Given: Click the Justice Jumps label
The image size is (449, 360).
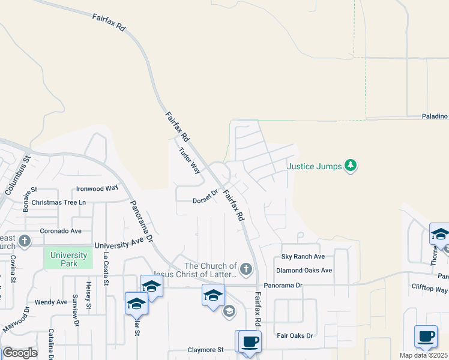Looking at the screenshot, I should [x=314, y=166].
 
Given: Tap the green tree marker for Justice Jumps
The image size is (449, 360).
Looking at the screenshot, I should [x=351, y=165].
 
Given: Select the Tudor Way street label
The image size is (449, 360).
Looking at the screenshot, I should [x=189, y=160].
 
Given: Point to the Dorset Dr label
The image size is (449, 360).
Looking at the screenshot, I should [x=205, y=197].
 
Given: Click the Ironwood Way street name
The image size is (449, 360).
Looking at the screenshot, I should [x=97, y=188].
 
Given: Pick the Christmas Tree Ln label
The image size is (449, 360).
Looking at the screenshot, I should [x=59, y=202].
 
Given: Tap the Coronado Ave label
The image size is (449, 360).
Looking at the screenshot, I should [x=61, y=230].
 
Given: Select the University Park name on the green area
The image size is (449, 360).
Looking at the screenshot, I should [x=68, y=259].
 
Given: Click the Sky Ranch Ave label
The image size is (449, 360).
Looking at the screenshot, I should [x=303, y=256].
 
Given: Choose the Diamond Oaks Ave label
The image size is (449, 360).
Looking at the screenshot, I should [x=304, y=270].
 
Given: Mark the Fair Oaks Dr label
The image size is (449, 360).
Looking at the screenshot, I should [x=294, y=335].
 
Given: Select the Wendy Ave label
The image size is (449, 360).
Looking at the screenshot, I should [x=51, y=302].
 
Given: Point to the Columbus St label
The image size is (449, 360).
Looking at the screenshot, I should [x=18, y=175].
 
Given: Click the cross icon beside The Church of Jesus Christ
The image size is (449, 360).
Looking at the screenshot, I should [x=246, y=267].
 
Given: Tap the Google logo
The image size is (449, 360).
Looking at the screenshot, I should [x=20, y=353].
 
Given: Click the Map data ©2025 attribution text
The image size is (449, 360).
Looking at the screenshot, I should [x=424, y=355].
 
